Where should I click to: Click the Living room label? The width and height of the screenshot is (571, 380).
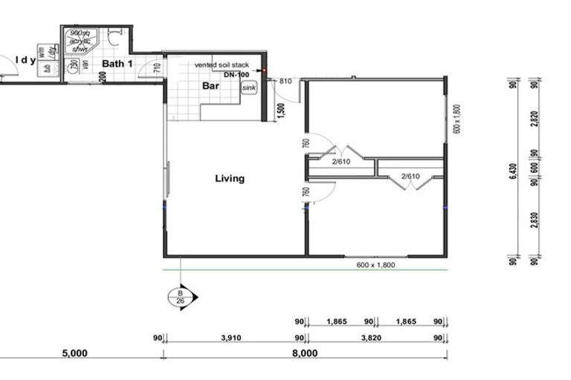click(229, 178)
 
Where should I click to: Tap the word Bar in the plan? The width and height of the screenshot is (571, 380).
click(211, 86)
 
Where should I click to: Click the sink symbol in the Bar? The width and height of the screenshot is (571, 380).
click(249, 88)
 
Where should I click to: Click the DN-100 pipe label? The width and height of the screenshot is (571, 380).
click(236, 75)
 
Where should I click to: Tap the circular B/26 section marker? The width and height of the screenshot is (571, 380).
click(181, 297)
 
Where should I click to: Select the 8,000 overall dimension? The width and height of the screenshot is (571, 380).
click(305, 353)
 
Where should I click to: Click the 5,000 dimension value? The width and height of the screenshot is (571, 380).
click(74, 353)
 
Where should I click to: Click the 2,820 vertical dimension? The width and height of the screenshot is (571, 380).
click(535, 119)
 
